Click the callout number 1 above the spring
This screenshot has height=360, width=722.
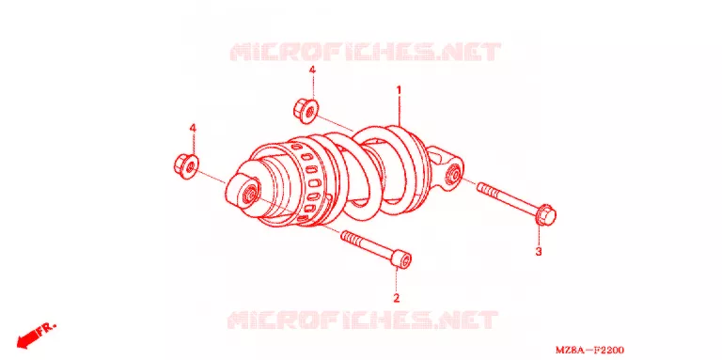pos(400,90)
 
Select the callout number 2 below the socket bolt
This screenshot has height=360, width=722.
pos(396,298)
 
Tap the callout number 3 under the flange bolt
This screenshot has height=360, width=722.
pos(539,251)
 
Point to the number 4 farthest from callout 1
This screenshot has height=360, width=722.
pos(193,128)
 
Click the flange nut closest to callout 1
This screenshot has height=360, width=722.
pos(306,111)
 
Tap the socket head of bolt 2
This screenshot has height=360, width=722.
pos(401,259)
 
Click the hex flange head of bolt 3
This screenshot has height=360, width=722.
pos(545,214)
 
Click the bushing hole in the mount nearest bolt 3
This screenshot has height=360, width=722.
pos(451,176)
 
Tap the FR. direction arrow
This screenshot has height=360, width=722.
pos(37,335)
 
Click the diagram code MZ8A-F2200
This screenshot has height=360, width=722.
pos(589,351)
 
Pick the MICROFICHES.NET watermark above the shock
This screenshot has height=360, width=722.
pos(365,52)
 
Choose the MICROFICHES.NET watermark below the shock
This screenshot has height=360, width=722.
pos(362,320)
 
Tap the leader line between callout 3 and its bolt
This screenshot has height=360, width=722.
pos(539,235)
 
